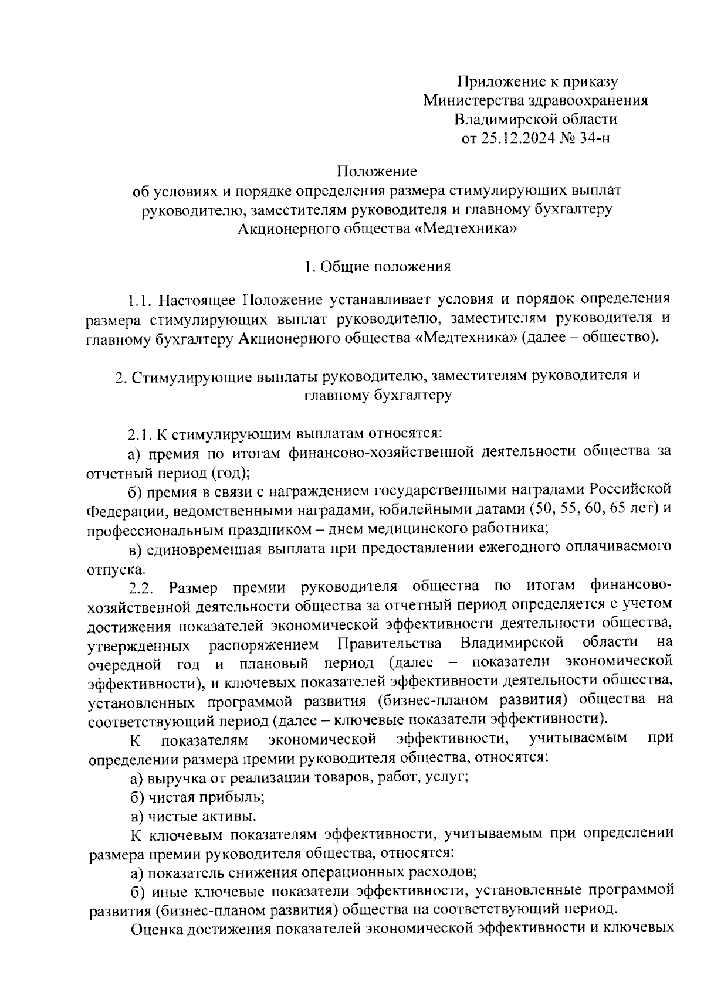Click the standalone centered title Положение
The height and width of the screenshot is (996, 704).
pyautogui.click(x=377, y=172)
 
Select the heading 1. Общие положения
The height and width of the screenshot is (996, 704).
pyautogui.click(x=377, y=267)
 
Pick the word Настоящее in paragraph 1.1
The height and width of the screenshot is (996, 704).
pyautogui.click(x=198, y=301)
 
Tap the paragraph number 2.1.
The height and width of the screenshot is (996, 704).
pyautogui.click(x=140, y=434)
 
